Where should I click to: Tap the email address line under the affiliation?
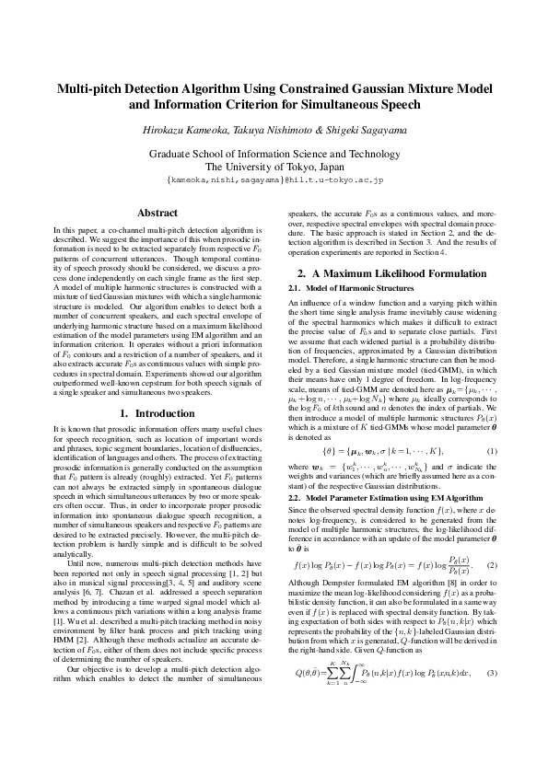[274, 181]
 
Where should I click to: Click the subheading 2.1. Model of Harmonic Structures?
[340, 263]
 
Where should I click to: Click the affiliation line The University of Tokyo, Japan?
[274, 167]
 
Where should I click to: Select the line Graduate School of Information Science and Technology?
[274, 154]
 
